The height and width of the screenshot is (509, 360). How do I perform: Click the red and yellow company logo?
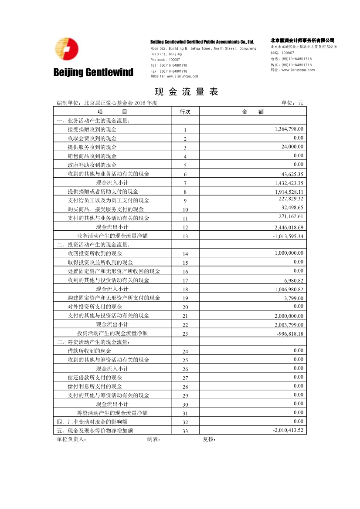pyautogui.click(x=67, y=49)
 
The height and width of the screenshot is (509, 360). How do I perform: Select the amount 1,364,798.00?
pyautogui.click(x=289, y=129)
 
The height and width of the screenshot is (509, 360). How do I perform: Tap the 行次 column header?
pyautogui.click(x=185, y=111)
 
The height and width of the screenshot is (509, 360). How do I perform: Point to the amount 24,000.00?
pyautogui.click(x=292, y=147)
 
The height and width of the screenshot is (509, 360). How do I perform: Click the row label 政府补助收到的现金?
pyautogui.click(x=92, y=165)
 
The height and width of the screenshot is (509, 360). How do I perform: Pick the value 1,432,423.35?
pyautogui.click(x=289, y=183)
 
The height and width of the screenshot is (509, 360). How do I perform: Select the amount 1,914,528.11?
pyautogui.click(x=289, y=192)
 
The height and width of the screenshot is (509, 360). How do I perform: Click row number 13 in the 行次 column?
pyautogui.click(x=185, y=236)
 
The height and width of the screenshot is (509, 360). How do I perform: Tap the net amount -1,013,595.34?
pyautogui.click(x=288, y=236)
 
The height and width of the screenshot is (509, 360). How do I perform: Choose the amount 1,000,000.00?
pyautogui.click(x=289, y=253)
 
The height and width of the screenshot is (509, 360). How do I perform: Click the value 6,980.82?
pyautogui.click(x=293, y=280)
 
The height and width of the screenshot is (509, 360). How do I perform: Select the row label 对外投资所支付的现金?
pyautogui.click(x=95, y=307)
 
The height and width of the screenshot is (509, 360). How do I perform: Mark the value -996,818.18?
pyautogui.click(x=290, y=334)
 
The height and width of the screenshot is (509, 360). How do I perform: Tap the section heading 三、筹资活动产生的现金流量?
pyautogui.click(x=93, y=342)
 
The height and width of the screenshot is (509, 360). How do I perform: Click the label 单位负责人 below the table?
pyautogui.click(x=71, y=439)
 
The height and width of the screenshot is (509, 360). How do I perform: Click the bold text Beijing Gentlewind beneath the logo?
pyautogui.click(x=93, y=72)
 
